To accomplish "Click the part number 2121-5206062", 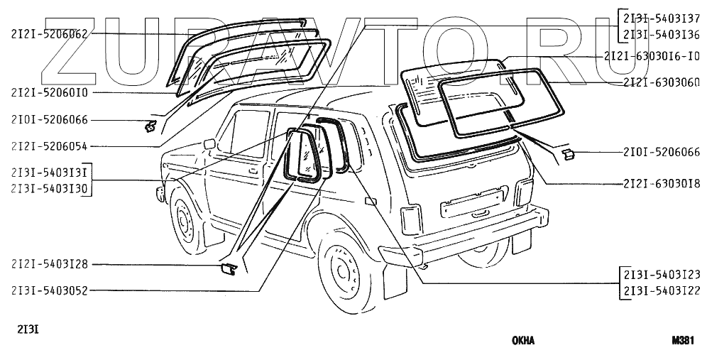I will (x=49, y=33).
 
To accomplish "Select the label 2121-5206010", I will (x=49, y=92).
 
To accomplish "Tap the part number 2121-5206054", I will (x=49, y=146).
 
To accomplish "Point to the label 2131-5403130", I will (x=49, y=189).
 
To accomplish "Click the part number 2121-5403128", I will (x=49, y=265).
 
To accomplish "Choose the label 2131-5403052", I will (x=49, y=290).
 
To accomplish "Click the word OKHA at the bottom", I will (x=523, y=340).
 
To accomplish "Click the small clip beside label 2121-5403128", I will (x=227, y=268).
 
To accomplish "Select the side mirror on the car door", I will (x=209, y=144).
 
